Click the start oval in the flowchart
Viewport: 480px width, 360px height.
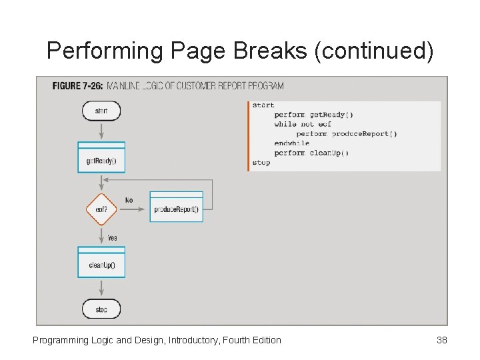101,111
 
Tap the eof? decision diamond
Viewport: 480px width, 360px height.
101,209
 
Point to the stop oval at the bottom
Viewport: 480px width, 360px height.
101,309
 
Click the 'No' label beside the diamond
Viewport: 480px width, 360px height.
129,200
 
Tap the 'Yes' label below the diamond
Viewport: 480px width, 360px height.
113,237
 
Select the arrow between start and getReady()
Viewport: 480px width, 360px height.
101,131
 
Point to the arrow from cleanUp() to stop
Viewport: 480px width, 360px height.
101,287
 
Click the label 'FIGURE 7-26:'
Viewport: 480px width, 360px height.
77,86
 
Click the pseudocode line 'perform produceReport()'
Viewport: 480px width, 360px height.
347,134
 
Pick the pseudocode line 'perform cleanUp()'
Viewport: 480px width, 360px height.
311,153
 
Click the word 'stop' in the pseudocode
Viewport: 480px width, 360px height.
261,163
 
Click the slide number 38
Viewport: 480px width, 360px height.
441,340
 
